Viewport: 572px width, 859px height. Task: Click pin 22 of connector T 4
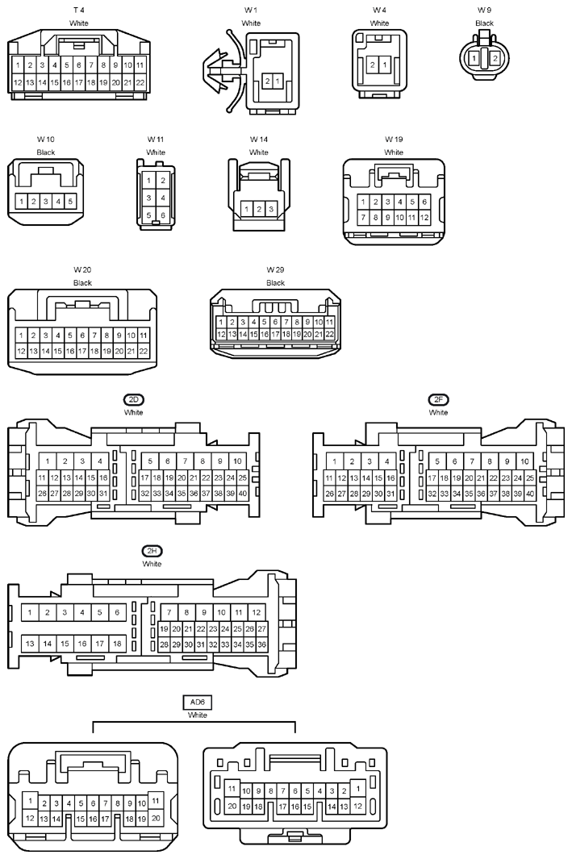coord(140,83)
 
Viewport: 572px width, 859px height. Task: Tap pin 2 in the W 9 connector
coord(495,58)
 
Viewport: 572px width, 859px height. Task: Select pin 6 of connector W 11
coord(163,215)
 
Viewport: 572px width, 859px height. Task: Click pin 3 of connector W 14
coord(271,209)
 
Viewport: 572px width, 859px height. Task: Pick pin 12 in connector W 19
coord(424,218)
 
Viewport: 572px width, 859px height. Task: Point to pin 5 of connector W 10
coord(70,202)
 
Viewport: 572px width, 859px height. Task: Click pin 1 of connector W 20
coord(21,336)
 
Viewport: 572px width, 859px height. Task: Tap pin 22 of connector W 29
coord(329,334)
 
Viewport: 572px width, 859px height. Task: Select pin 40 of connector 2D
coord(242,494)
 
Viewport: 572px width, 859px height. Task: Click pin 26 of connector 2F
coord(329,494)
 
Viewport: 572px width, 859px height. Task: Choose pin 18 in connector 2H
coord(117,644)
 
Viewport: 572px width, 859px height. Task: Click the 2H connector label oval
coord(152,551)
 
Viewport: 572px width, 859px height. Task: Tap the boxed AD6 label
coord(197,703)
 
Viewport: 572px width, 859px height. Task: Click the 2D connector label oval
coord(134,399)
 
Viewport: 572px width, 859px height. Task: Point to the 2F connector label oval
coord(438,399)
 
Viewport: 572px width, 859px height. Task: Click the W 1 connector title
coord(251,10)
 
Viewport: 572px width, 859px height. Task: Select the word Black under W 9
coord(484,23)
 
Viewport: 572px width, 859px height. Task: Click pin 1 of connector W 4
coord(385,65)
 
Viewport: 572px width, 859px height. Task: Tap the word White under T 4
coord(79,23)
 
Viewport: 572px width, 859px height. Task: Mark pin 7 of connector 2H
coord(169,612)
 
